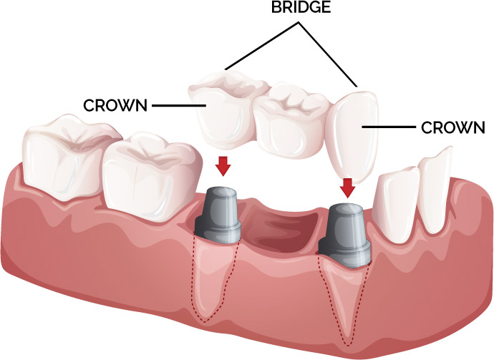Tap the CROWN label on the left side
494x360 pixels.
click(x=115, y=106)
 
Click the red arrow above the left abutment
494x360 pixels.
click(x=223, y=165)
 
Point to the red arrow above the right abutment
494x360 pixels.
click(x=348, y=187)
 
